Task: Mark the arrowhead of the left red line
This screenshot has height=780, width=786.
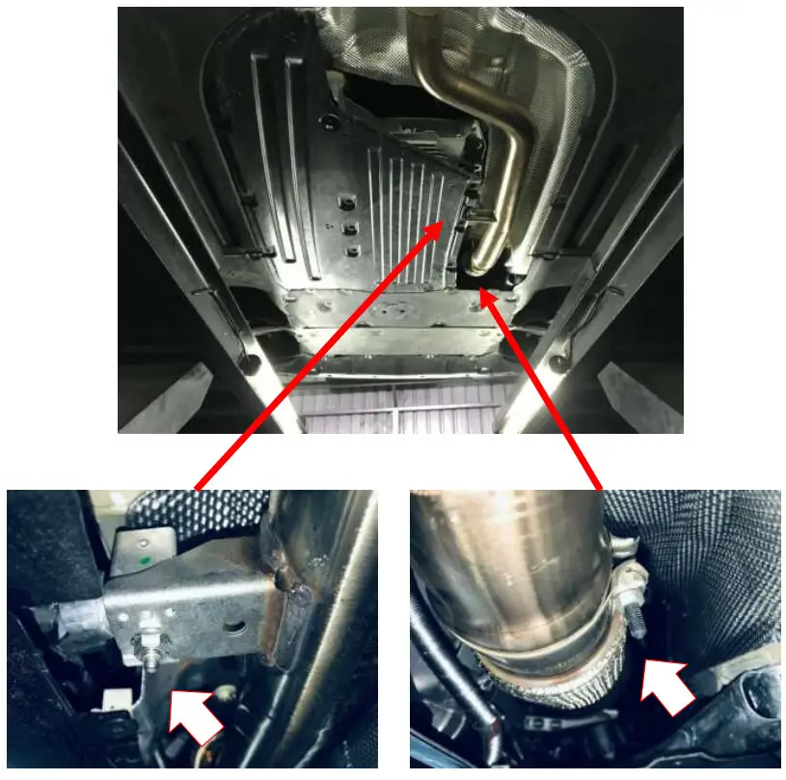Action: tap(443, 224)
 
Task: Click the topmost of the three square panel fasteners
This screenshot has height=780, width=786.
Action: tap(341, 203)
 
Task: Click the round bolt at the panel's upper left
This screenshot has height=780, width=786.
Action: tap(330, 121)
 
